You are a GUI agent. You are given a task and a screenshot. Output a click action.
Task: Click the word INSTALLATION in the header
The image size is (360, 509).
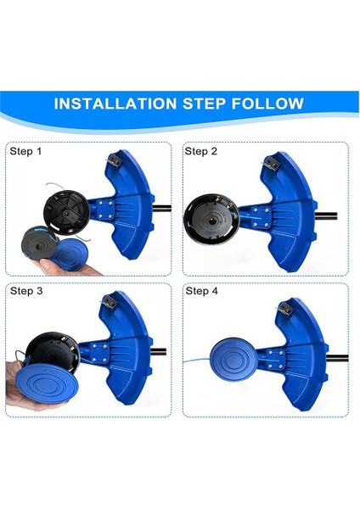click(x=110, y=104)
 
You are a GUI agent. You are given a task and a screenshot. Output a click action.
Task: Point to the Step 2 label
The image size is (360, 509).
click(x=201, y=152)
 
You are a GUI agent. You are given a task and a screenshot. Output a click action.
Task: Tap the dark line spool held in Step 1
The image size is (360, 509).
click(x=38, y=242)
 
